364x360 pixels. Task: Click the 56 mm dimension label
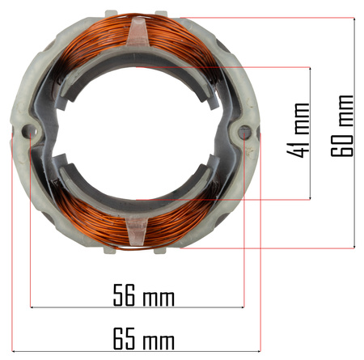click(x=144, y=295)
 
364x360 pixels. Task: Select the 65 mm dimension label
click(x=144, y=339)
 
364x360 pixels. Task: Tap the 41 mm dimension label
click(x=298, y=130)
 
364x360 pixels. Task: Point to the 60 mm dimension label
click(x=342, y=125)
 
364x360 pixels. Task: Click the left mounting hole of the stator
click(x=30, y=132)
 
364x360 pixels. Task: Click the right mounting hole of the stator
click(x=244, y=132)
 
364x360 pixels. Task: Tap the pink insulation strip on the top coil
click(x=138, y=32)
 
